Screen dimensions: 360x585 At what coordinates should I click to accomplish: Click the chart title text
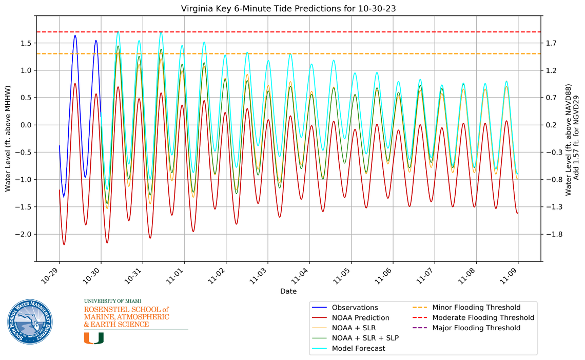pos(288,9)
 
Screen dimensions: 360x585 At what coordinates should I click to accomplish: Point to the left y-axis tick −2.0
pos(23,234)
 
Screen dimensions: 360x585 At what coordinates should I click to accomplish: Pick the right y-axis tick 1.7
pos(552,43)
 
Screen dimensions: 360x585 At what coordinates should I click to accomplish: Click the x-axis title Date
pos(288,291)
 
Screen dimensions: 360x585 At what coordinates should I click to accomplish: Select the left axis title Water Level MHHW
pos(8,139)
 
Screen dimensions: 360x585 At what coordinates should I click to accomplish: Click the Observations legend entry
pos(355,308)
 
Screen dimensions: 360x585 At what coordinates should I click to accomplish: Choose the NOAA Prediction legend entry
pos(360,318)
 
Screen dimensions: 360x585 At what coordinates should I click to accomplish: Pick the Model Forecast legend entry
pos(358,348)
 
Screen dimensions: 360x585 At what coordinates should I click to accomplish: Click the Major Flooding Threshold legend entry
pos(476,328)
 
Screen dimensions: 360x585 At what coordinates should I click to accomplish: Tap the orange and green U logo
pos(94,337)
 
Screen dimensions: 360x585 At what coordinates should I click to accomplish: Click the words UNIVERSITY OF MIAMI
pos(112,301)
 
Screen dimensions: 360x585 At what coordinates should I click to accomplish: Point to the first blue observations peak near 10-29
pos(75,35)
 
